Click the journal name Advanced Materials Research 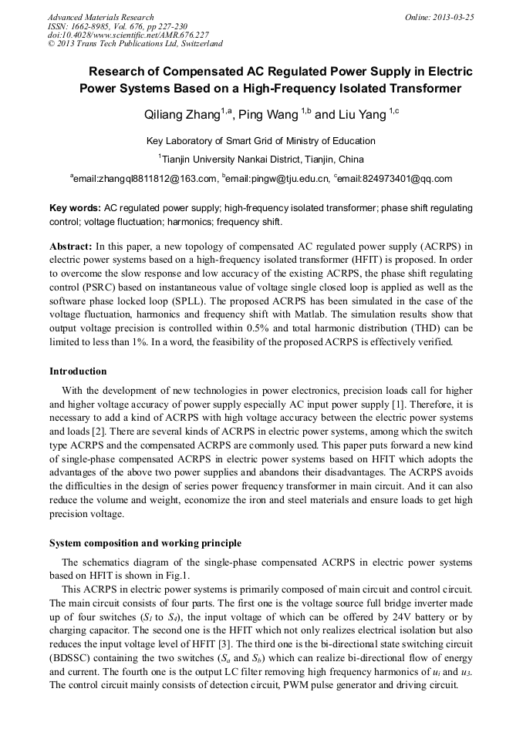pyautogui.click(x=100, y=17)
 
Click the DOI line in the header pyautogui.click(x=128, y=35)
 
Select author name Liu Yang pyautogui.click(x=362, y=116)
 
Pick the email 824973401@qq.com pyautogui.click(x=396, y=179)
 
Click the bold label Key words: pyautogui.click(x=75, y=209)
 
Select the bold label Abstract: pyautogui.click(x=71, y=247)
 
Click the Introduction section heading pyautogui.click(x=78, y=371)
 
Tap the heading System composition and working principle pyautogui.click(x=145, y=543)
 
